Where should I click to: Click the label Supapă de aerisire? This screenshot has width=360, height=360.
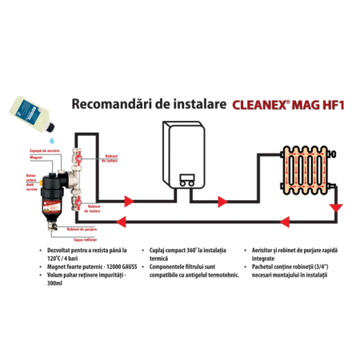(x=41, y=151)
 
